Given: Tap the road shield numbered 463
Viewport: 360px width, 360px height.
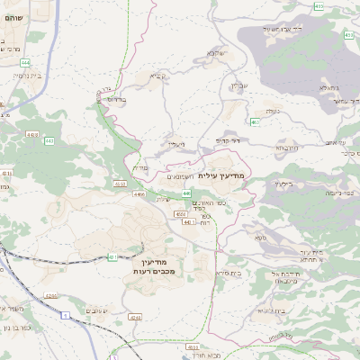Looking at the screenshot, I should (256, 122).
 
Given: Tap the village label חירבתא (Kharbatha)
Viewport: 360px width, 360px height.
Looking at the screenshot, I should (286, 148).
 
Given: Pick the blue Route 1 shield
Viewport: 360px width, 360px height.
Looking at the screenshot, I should (65, 314).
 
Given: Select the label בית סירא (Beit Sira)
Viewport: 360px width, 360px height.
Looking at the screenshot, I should (227, 273).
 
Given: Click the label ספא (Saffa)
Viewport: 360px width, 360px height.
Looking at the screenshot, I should (261, 238).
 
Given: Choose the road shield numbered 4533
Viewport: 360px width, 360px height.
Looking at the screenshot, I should (192, 346).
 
